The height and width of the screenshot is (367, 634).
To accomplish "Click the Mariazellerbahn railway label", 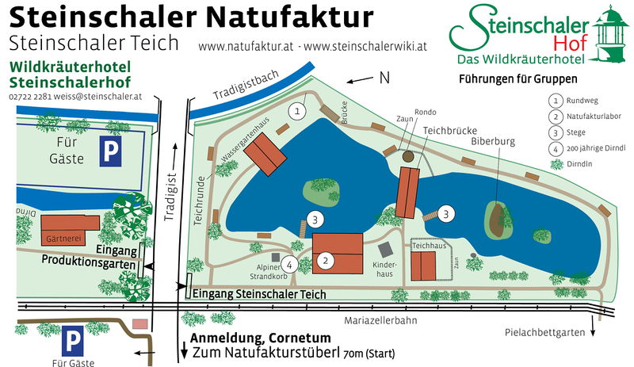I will (380, 321).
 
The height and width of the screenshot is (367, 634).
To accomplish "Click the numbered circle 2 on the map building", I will (324, 260).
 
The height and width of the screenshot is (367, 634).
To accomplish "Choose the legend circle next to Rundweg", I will (556, 101).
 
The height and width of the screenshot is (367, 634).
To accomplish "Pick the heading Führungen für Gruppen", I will (518, 79).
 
